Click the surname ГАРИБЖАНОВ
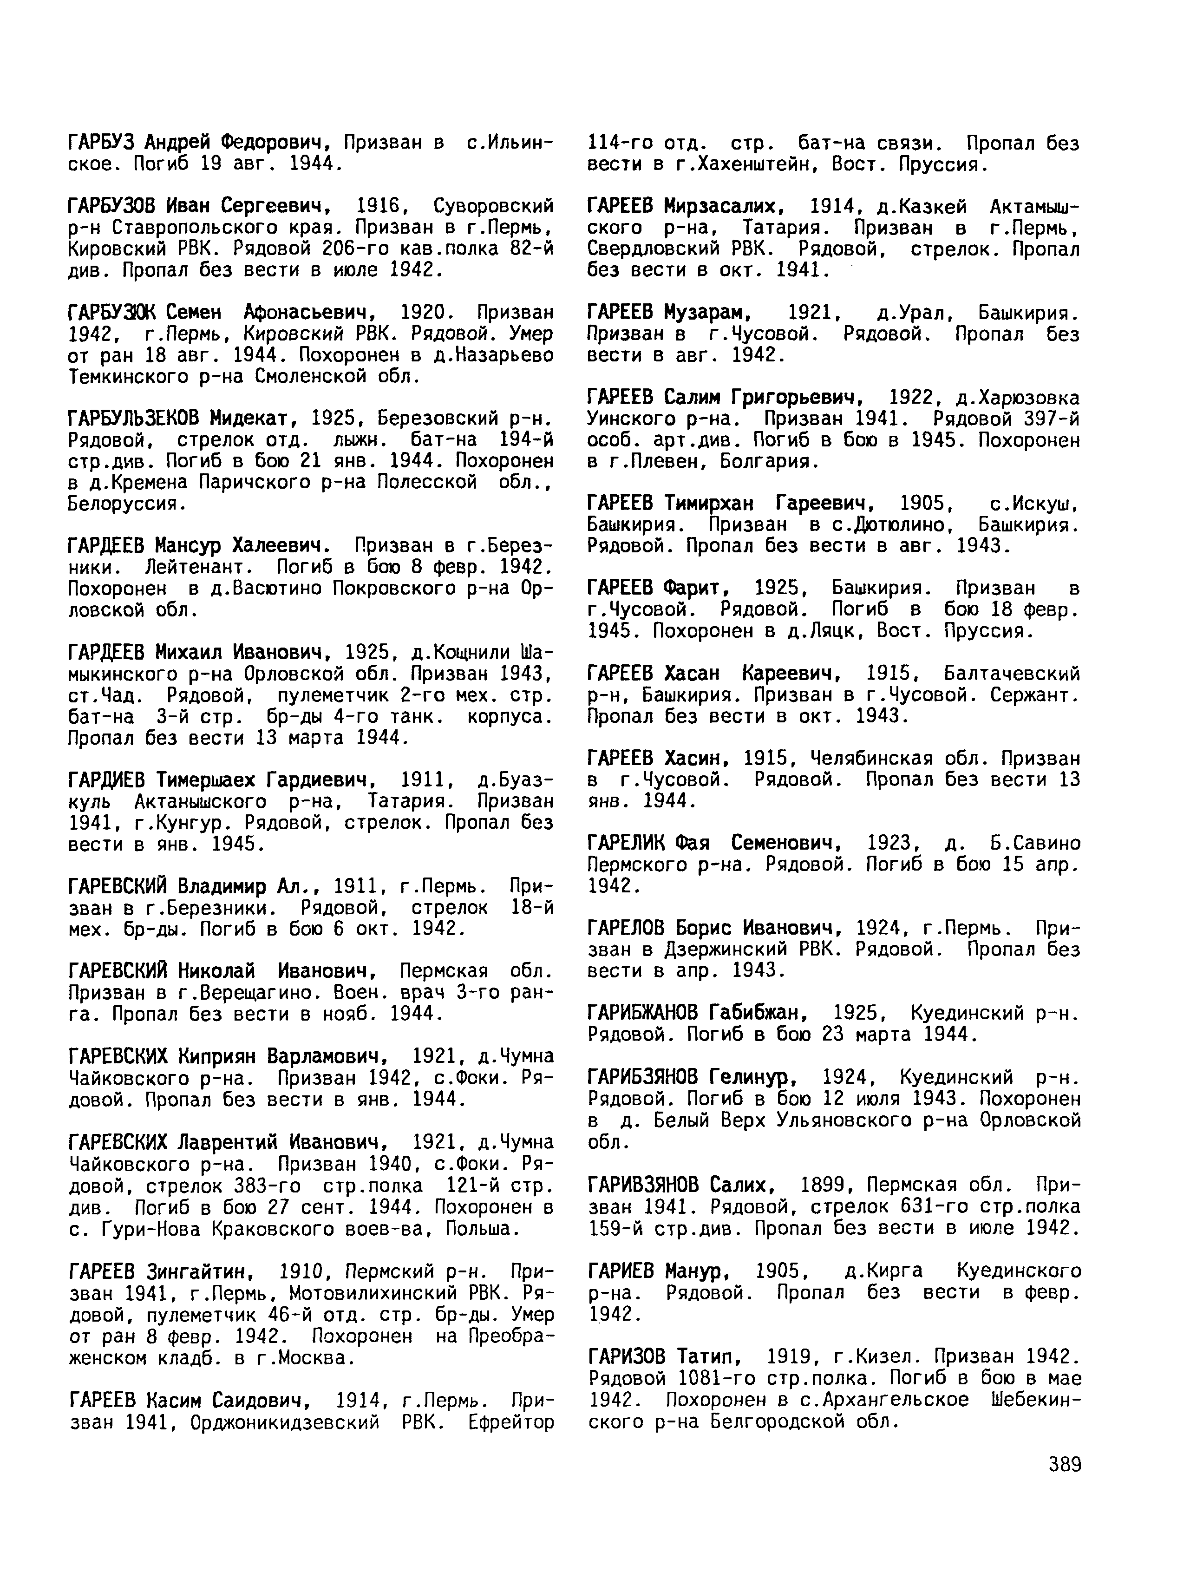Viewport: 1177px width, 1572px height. (642, 1013)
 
